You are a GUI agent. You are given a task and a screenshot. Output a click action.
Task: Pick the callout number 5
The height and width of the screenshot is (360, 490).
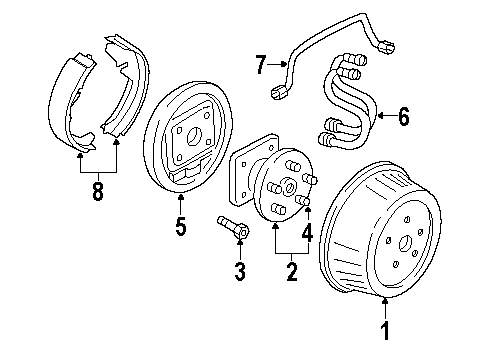180,227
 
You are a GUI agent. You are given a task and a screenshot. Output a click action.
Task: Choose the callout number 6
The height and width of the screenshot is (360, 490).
403,117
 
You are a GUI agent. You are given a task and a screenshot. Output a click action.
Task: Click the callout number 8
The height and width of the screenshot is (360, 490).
98,190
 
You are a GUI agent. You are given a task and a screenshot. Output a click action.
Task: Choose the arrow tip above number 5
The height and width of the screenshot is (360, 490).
180,197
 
